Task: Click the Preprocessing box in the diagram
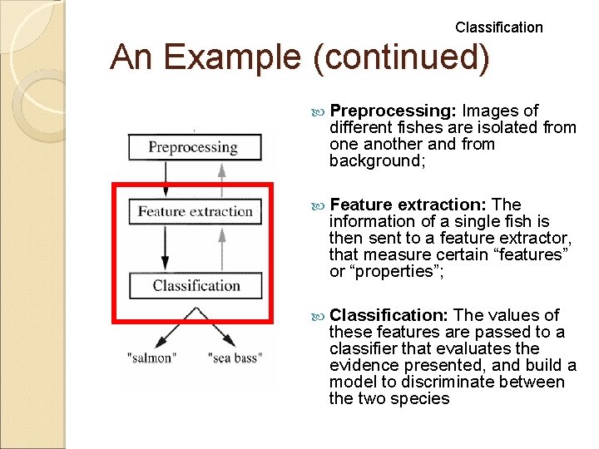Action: (x=194, y=148)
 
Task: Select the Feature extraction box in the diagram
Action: (x=195, y=211)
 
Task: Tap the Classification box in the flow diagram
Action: (x=196, y=286)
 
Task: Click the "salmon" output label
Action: (x=151, y=358)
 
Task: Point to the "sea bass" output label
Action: (x=235, y=358)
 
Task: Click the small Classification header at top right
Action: (x=498, y=27)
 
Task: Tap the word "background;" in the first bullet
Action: (x=377, y=160)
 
